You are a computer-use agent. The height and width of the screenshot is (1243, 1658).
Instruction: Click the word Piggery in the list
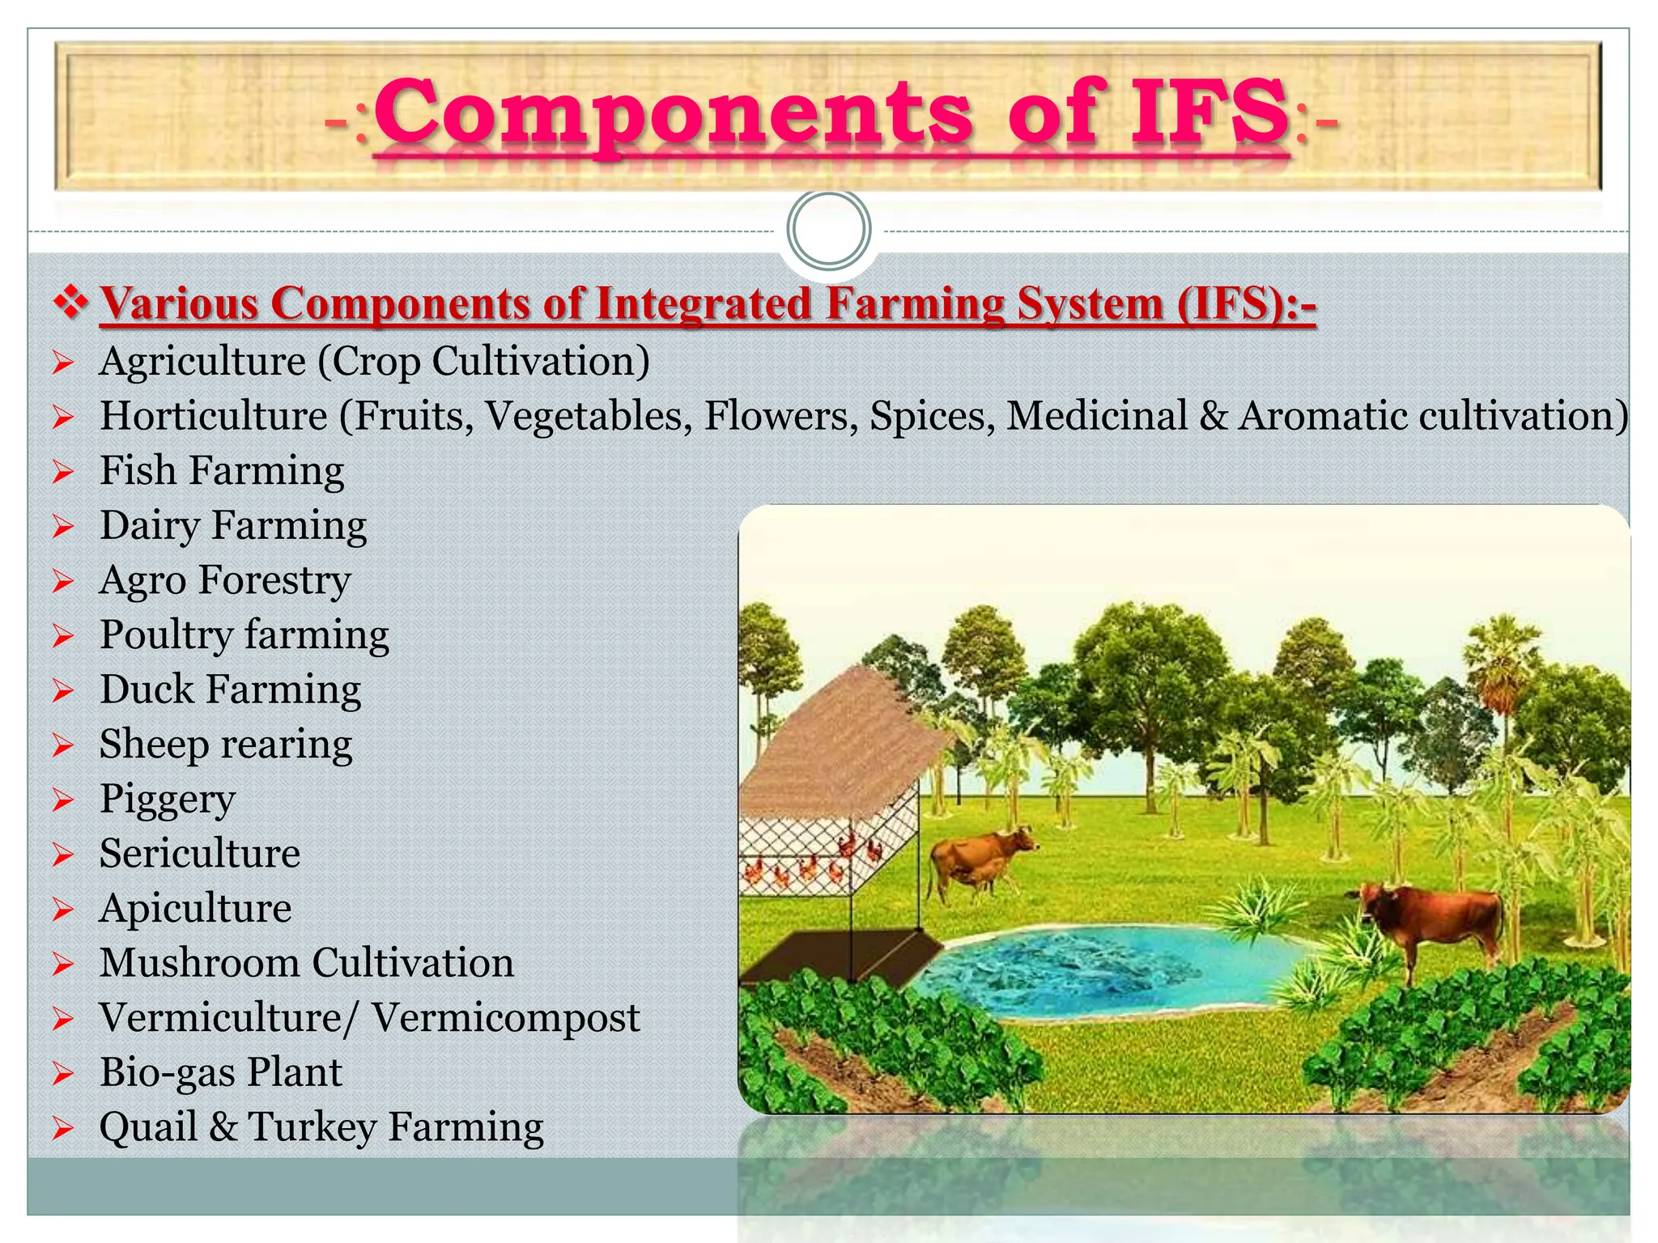tap(167, 800)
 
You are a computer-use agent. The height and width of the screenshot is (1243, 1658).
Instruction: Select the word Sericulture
tap(199, 854)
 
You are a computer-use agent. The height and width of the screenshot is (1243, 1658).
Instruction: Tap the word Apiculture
tap(195, 909)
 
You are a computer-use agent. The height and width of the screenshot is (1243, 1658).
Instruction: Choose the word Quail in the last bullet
tap(148, 1127)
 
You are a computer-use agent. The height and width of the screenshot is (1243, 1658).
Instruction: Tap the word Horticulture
tap(214, 416)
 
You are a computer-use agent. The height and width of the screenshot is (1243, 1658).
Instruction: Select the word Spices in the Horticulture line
tap(931, 416)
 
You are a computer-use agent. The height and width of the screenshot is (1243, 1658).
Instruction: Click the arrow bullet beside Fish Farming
tap(63, 472)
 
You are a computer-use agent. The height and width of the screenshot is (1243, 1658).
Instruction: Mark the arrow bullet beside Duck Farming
tap(63, 691)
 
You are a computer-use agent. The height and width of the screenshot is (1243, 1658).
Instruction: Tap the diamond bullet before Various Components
tap(71, 303)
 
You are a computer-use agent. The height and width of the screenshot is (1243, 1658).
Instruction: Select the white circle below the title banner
tap(829, 230)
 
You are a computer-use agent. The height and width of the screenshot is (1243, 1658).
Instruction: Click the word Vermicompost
tap(506, 1018)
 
